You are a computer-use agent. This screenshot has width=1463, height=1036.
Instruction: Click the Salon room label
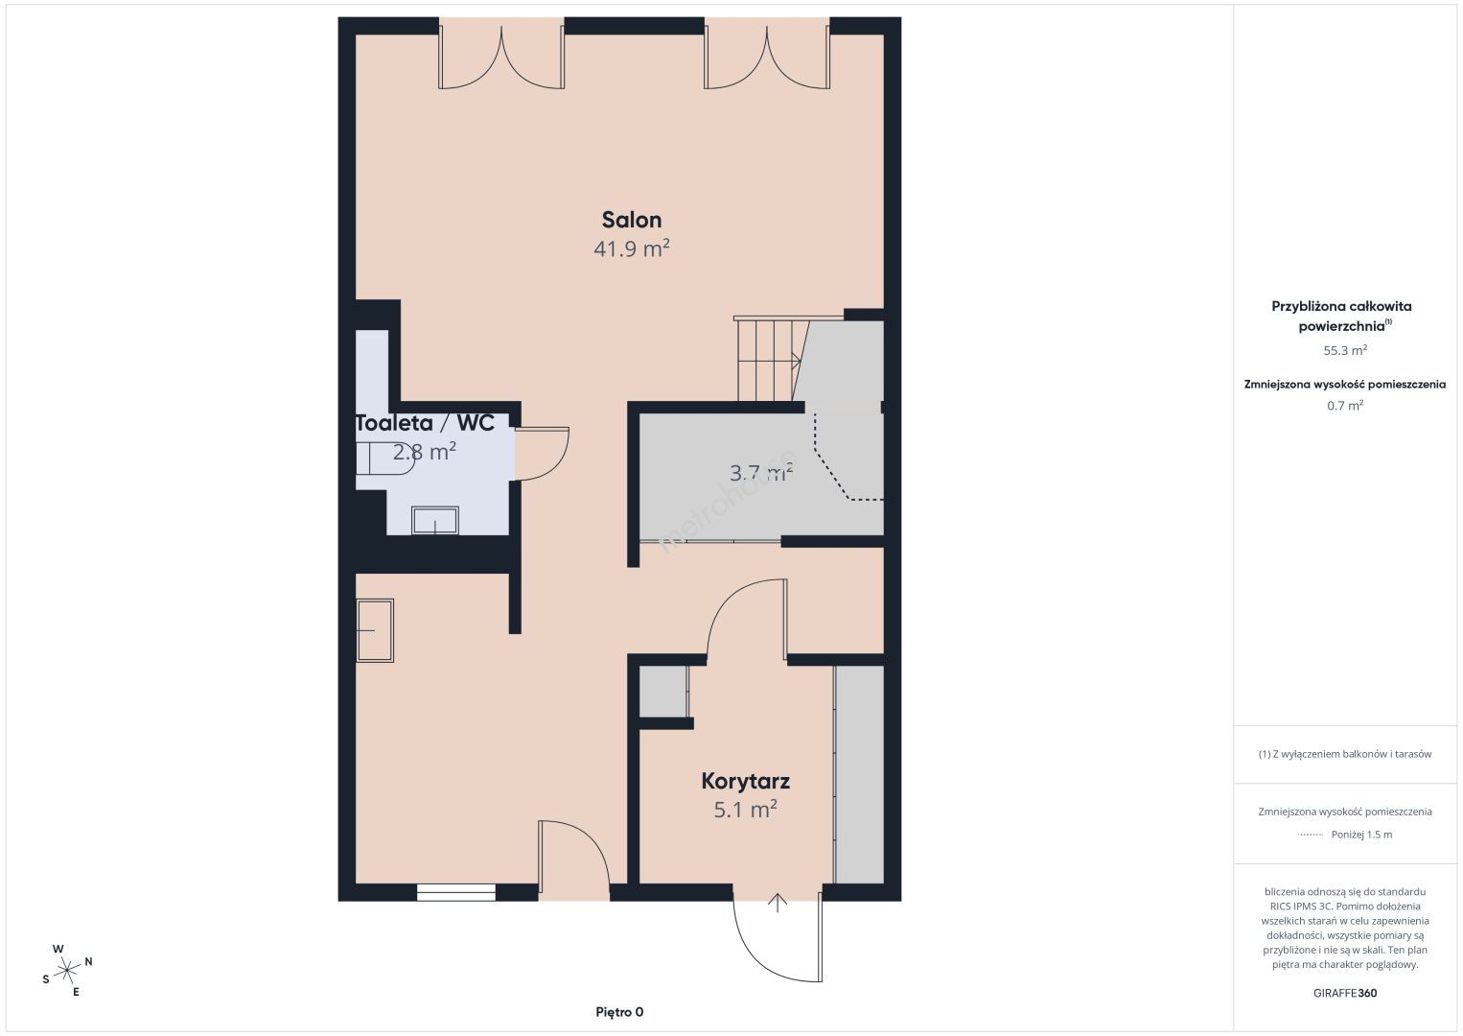(x=632, y=221)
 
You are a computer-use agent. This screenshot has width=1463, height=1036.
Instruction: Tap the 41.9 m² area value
(x=632, y=248)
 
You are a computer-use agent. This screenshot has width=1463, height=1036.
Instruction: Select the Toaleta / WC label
(x=425, y=423)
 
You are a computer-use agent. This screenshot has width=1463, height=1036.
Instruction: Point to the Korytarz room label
(x=745, y=781)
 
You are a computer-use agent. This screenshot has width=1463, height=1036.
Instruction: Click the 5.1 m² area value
(x=745, y=810)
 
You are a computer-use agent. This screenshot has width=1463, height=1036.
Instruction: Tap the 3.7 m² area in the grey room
(x=761, y=472)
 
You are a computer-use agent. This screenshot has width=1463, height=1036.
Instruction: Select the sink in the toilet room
(x=435, y=520)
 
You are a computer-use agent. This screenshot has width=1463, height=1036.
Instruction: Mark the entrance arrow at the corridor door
(x=778, y=903)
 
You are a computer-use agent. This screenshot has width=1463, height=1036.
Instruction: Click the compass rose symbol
(x=66, y=971)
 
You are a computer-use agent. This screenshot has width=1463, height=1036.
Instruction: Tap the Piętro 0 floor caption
(x=619, y=1012)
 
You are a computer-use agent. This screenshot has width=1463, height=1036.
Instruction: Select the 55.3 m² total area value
(x=1345, y=350)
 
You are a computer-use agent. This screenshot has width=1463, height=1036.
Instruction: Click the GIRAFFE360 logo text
(x=1345, y=993)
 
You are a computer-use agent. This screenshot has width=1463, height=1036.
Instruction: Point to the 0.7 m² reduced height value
(x=1345, y=405)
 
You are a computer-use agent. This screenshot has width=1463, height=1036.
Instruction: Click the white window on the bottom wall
(x=456, y=892)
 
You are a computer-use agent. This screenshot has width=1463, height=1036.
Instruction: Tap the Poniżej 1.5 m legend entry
(x=1361, y=835)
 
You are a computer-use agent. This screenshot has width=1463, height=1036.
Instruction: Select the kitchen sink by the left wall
(x=375, y=631)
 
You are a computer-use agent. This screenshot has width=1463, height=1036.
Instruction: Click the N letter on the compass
(x=89, y=961)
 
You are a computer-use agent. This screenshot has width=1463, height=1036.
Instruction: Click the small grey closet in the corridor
(x=662, y=692)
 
